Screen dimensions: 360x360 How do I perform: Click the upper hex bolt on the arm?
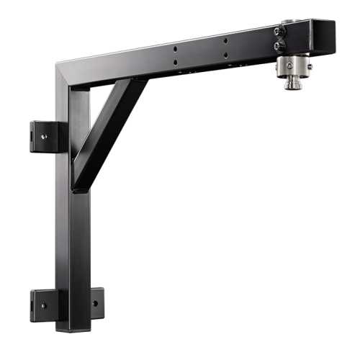tap(279, 32)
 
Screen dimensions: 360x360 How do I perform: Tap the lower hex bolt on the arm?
tap(279, 45)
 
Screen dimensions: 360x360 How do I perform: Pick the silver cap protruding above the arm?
tap(292, 22)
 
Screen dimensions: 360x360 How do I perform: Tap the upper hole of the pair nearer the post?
tap(175, 49)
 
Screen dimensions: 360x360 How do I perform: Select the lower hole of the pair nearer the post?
tap(176, 62)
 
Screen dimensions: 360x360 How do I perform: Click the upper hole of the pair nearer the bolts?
tap(225, 41)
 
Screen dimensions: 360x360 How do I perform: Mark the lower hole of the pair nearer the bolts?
tap(226, 54)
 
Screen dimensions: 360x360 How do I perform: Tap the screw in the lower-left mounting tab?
tap(44, 305)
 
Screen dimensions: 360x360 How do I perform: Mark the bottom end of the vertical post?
tap(73, 328)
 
